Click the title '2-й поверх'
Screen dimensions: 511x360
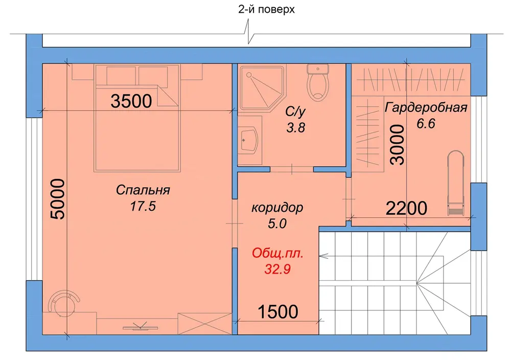(x=266, y=9)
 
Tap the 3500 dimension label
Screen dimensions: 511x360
(x=131, y=101)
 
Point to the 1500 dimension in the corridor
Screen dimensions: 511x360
(x=278, y=311)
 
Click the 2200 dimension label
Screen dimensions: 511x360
(x=406, y=208)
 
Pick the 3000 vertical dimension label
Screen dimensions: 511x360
(x=397, y=144)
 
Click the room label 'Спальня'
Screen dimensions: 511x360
(x=143, y=190)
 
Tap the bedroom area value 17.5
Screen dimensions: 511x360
(x=143, y=206)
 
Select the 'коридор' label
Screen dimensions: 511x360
(x=277, y=208)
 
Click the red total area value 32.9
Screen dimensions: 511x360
(x=277, y=269)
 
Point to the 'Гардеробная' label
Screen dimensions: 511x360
(x=426, y=107)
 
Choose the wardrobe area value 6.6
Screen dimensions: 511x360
(x=426, y=124)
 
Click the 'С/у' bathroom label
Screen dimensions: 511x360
(x=295, y=112)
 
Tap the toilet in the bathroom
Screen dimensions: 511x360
(x=318, y=82)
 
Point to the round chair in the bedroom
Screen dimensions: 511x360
(x=63, y=303)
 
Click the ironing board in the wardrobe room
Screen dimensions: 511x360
(x=456, y=183)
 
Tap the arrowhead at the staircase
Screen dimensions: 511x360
(x=323, y=256)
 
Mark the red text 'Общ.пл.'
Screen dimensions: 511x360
(x=277, y=253)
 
